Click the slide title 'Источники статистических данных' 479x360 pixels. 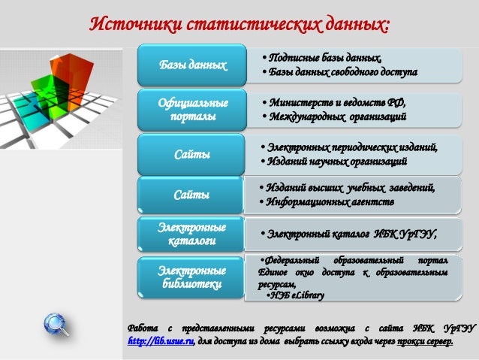(239, 23)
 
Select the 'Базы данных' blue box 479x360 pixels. (192, 65)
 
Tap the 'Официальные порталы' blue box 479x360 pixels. (192, 110)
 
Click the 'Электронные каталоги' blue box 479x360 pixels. (192, 234)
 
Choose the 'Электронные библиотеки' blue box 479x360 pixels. (192, 277)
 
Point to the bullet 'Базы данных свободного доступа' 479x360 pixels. (339, 72)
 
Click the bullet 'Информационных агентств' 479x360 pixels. (325, 202)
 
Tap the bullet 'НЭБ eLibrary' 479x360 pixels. (296, 296)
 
